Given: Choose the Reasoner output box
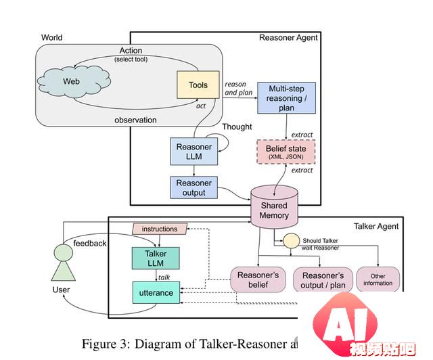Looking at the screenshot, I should point(193,187).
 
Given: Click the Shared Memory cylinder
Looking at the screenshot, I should point(273,209).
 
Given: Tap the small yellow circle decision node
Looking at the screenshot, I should point(291,240).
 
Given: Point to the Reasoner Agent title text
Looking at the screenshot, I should point(288,37).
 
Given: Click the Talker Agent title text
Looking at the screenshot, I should point(376,226).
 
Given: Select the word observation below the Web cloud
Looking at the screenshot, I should point(135,120).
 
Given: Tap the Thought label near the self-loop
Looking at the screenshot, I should point(237,127).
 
